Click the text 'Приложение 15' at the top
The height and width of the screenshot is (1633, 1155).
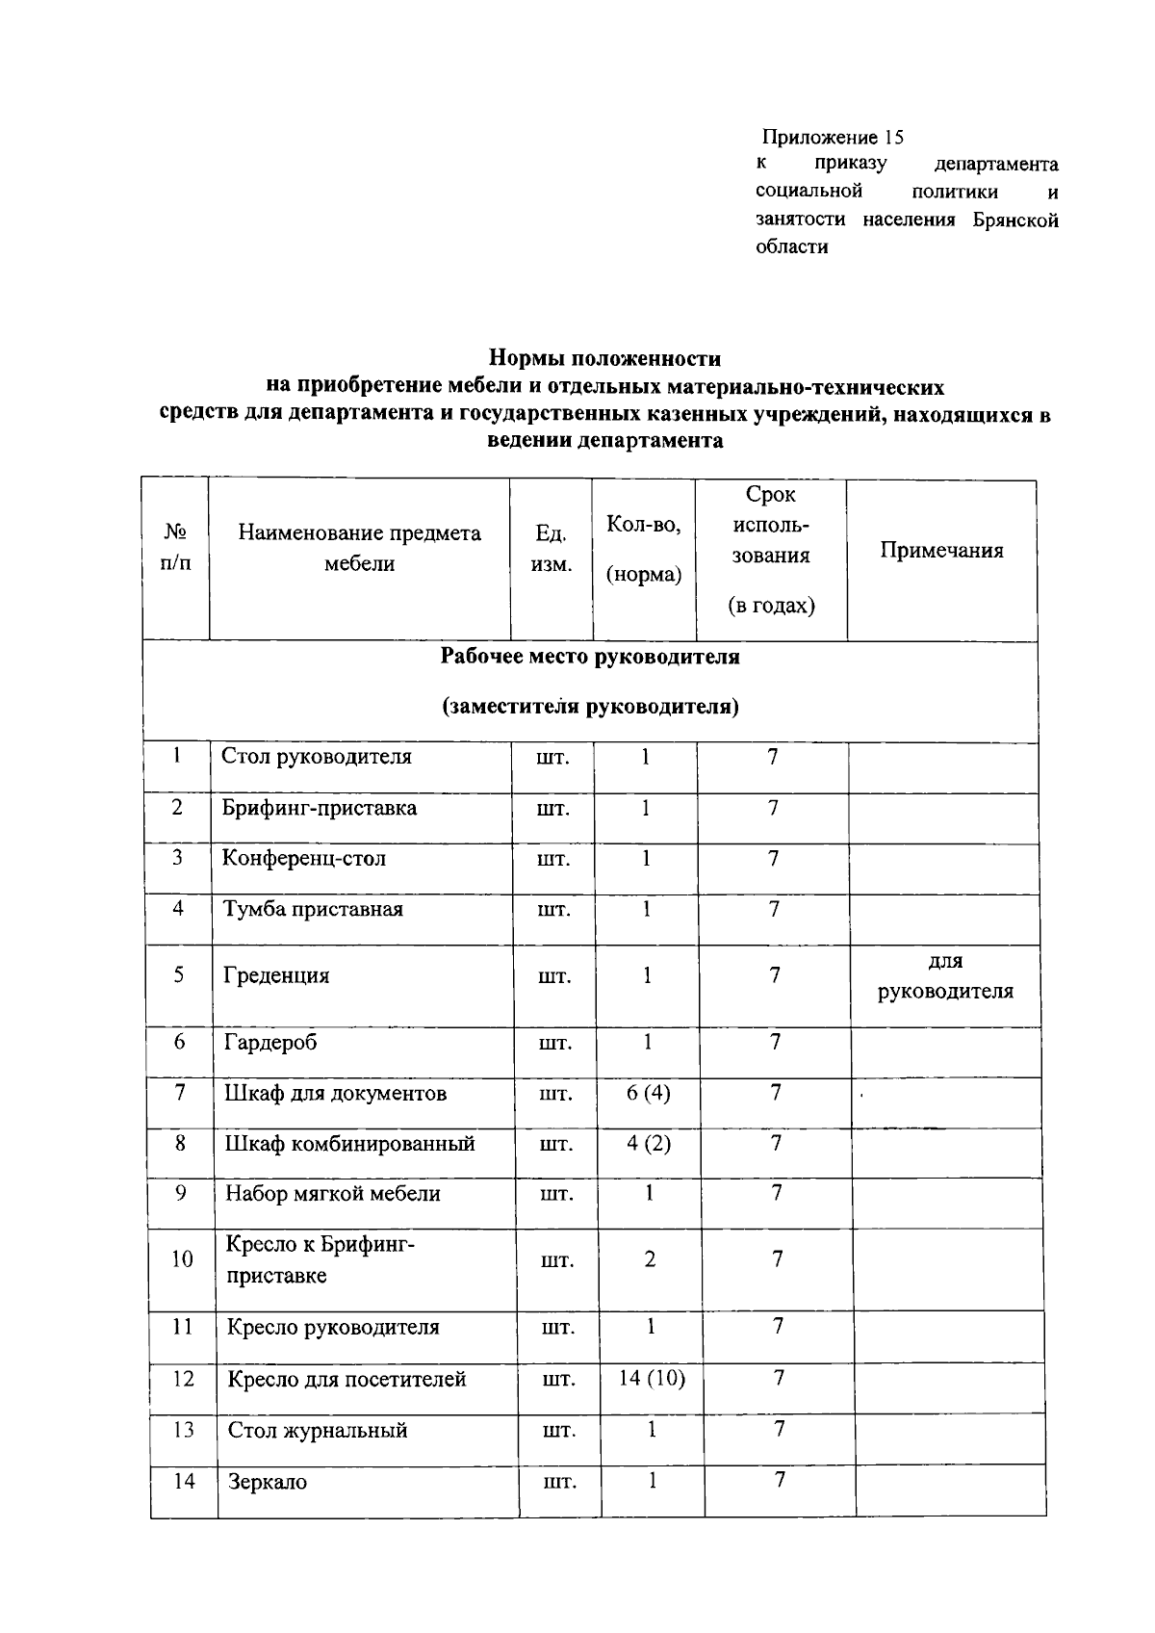(x=833, y=137)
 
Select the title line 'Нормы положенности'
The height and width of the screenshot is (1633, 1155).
(x=604, y=358)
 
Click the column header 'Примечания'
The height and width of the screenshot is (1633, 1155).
(x=941, y=551)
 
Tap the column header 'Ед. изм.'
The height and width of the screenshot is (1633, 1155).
(x=551, y=549)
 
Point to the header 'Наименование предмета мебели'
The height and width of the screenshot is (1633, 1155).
(x=359, y=549)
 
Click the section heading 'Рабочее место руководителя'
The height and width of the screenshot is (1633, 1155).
(x=589, y=657)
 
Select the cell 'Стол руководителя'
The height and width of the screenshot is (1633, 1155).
(x=317, y=757)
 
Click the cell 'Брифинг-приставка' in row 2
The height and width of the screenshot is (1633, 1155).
(x=320, y=808)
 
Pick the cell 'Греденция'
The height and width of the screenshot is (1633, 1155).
(x=276, y=975)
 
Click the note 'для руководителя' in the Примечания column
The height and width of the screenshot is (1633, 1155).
(x=945, y=976)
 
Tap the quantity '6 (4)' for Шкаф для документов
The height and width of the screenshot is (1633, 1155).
(x=648, y=1093)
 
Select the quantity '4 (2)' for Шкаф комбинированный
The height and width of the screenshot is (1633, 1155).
(x=649, y=1144)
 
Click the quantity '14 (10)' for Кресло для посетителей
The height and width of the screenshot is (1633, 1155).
(x=652, y=1379)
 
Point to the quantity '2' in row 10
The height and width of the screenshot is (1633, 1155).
(x=650, y=1259)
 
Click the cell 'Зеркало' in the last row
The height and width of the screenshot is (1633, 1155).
(x=268, y=1482)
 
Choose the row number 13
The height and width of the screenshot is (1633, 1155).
(x=183, y=1430)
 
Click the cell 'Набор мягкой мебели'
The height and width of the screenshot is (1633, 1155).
(x=333, y=1194)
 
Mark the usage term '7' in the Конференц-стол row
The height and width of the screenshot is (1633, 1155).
(x=773, y=858)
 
